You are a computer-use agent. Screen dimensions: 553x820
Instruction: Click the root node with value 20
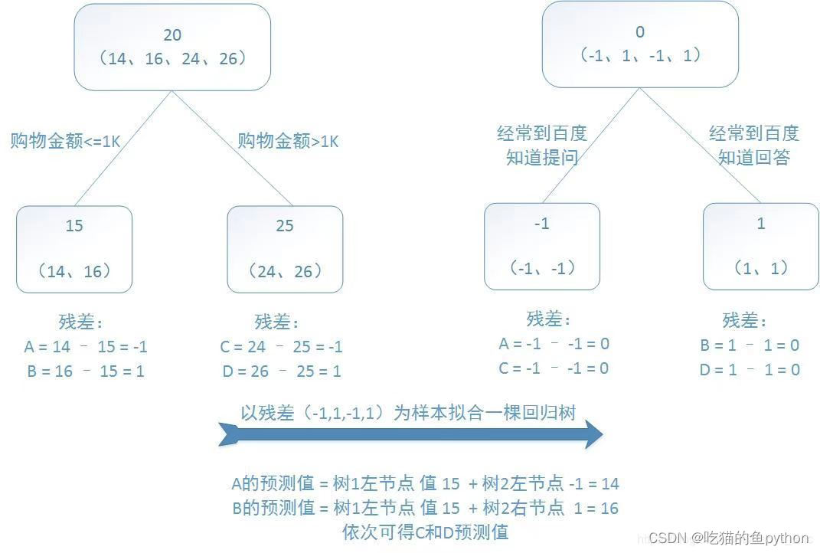[x=172, y=47]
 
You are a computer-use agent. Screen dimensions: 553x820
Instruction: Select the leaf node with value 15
[x=74, y=248]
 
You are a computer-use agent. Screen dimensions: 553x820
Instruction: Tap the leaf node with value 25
[x=285, y=248]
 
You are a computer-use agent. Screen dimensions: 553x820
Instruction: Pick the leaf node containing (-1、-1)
[x=542, y=246]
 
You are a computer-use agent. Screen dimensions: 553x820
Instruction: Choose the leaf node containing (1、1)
[x=760, y=246]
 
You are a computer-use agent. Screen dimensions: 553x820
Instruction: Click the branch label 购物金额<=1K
[x=65, y=142]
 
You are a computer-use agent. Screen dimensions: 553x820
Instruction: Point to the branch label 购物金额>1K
[x=288, y=142]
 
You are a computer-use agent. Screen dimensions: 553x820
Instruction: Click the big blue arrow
[x=410, y=435]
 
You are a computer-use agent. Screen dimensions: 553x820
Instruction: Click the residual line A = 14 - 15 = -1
[x=86, y=347]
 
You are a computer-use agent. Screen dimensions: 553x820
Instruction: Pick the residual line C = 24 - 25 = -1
[x=281, y=347]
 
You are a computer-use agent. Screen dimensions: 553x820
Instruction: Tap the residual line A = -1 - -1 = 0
[x=554, y=344]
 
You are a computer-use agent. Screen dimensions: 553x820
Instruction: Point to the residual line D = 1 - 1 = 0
[x=750, y=370]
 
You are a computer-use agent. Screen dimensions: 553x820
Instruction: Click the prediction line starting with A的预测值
[x=425, y=483]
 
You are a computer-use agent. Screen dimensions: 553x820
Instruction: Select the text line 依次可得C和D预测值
[x=425, y=532]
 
